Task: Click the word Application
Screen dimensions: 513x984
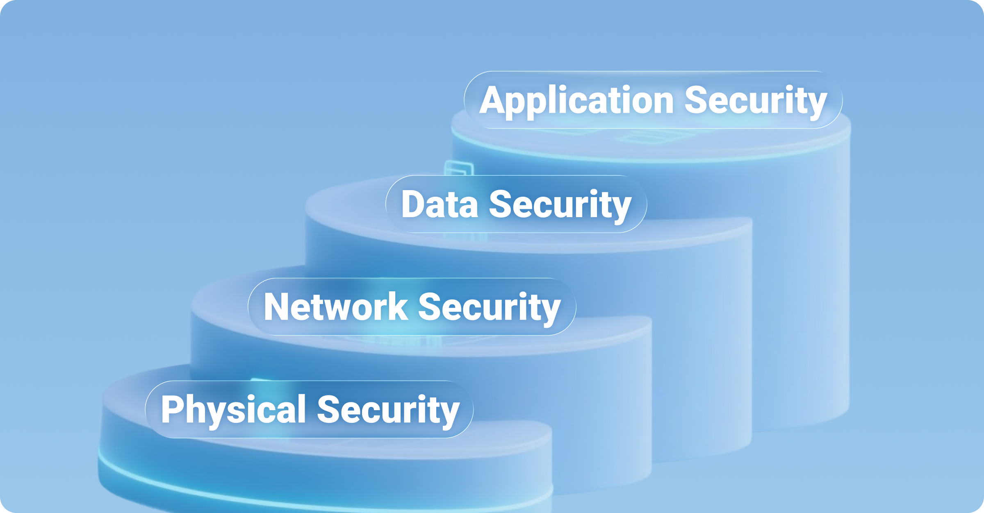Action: click(576, 101)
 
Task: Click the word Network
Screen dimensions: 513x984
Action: click(335, 307)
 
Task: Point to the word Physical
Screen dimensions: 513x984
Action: click(233, 409)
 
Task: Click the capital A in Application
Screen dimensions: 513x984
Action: click(492, 100)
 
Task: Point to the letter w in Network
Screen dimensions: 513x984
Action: click(345, 310)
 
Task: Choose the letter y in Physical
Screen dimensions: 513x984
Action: click(218, 414)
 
